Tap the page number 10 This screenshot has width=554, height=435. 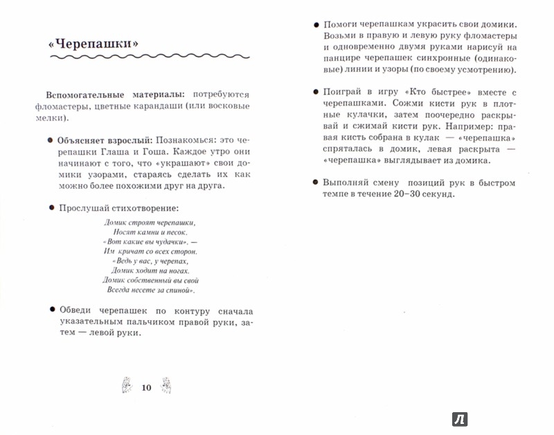tap(145, 387)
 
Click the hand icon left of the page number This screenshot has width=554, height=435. tap(126, 385)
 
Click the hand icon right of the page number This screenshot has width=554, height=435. tap(166, 385)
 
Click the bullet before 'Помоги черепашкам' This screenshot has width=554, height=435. tap(316, 24)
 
